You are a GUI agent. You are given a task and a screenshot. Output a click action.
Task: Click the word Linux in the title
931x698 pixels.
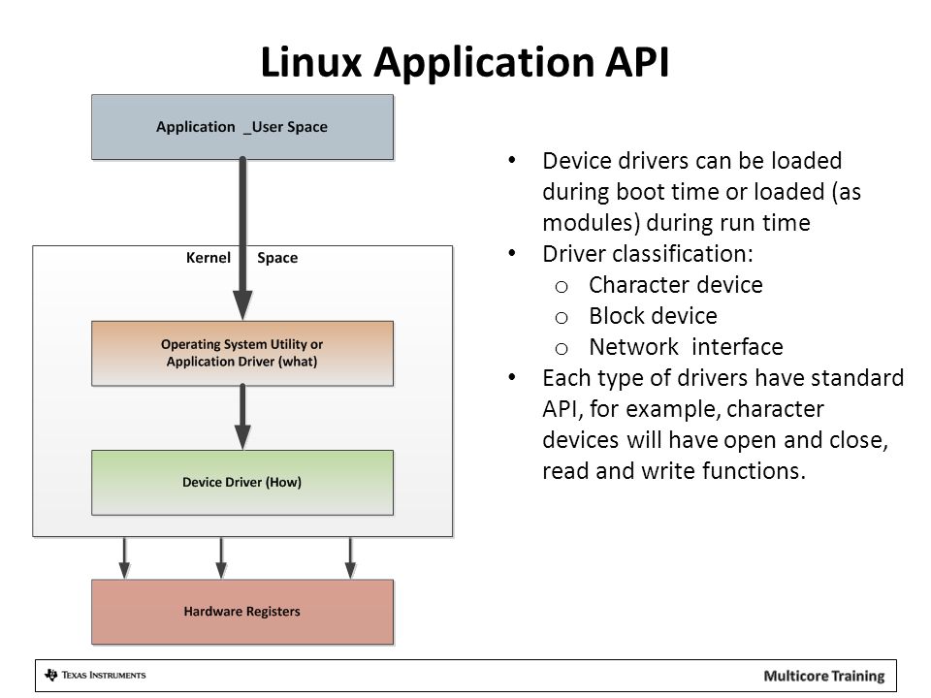[311, 62]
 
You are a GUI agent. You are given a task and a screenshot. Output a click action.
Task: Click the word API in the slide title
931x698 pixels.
[637, 62]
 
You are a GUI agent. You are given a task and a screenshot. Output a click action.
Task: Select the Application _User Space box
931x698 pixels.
[242, 127]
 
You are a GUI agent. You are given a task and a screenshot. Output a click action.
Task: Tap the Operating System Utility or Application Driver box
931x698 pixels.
[242, 353]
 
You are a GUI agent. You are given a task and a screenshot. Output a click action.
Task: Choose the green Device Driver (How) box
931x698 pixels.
[242, 482]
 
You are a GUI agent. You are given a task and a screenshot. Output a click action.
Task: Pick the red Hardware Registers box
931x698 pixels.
[242, 612]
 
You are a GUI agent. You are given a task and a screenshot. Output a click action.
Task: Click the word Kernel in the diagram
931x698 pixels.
[208, 258]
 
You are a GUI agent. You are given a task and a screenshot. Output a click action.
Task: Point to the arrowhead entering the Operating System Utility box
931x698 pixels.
[242, 305]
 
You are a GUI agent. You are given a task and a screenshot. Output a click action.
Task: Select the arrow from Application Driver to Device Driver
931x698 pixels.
[242, 417]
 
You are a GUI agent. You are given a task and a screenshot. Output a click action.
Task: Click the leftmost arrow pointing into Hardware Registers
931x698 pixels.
[124, 558]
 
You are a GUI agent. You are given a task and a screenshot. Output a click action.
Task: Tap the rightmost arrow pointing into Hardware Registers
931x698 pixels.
[350, 558]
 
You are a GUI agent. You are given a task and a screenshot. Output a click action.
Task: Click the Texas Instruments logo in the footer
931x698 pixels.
[95, 676]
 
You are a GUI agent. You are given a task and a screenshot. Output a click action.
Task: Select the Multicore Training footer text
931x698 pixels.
[824, 676]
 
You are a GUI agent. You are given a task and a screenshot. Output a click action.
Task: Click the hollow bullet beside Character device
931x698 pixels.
[562, 287]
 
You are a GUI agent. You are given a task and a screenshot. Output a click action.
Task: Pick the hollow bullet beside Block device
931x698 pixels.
[562, 318]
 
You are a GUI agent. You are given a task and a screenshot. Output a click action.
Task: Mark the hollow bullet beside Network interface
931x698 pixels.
[562, 349]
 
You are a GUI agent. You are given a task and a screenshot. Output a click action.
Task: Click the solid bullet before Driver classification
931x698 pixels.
[512, 253]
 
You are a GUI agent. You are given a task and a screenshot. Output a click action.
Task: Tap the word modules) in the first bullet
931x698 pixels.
[592, 223]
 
